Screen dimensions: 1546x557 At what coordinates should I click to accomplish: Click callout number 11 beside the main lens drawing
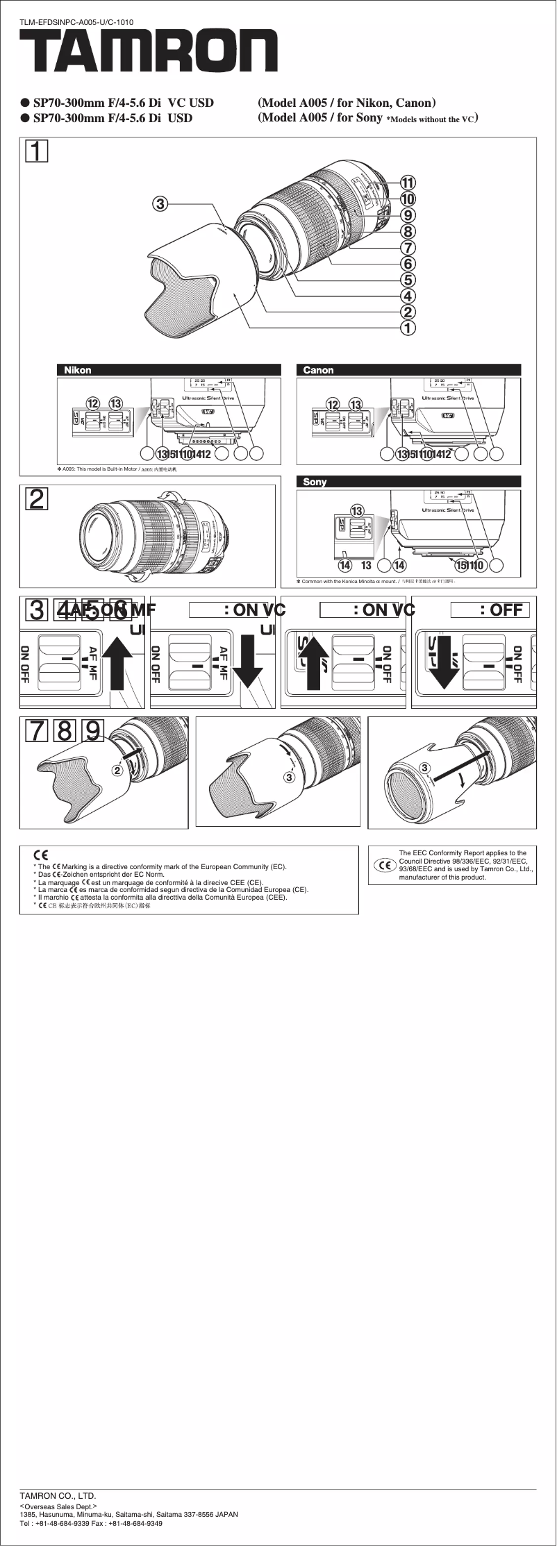(x=408, y=183)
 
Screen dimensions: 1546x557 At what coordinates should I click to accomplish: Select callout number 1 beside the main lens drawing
(x=408, y=326)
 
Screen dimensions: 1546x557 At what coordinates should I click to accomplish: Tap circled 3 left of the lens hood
(x=160, y=203)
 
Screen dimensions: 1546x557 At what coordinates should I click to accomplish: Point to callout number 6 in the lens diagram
(x=408, y=263)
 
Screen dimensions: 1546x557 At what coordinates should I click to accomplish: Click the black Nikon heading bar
(x=169, y=370)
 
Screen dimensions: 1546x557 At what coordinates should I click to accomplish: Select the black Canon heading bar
(x=408, y=370)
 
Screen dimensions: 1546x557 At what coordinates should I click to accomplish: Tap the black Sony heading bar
(x=408, y=481)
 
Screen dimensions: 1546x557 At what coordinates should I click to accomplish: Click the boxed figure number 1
(x=37, y=151)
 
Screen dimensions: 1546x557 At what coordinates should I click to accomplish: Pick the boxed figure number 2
(x=37, y=498)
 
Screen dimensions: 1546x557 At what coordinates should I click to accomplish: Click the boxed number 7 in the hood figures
(x=38, y=730)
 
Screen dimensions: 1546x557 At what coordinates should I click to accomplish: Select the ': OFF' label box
(x=490, y=610)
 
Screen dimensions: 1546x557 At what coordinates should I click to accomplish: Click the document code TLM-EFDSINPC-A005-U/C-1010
(x=76, y=22)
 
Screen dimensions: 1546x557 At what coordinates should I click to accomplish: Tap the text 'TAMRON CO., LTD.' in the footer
(x=58, y=1495)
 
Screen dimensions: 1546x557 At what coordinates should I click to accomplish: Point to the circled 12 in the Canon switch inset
(x=333, y=404)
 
